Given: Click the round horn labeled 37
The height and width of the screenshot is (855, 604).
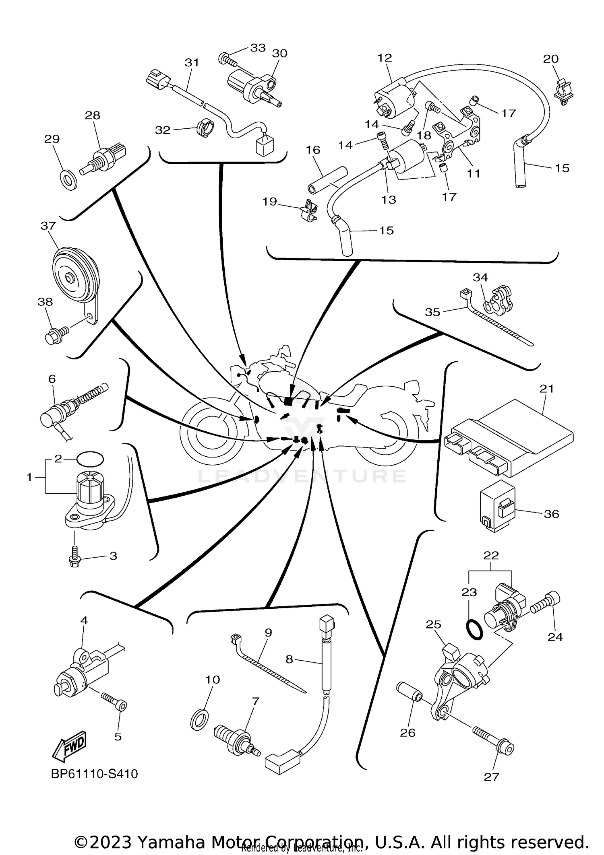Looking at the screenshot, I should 75,275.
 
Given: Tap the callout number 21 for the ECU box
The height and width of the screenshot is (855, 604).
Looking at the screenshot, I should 547,389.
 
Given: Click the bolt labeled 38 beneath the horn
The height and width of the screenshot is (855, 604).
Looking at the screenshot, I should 54,336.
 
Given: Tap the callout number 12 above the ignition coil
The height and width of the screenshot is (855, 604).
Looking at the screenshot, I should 385,58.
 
